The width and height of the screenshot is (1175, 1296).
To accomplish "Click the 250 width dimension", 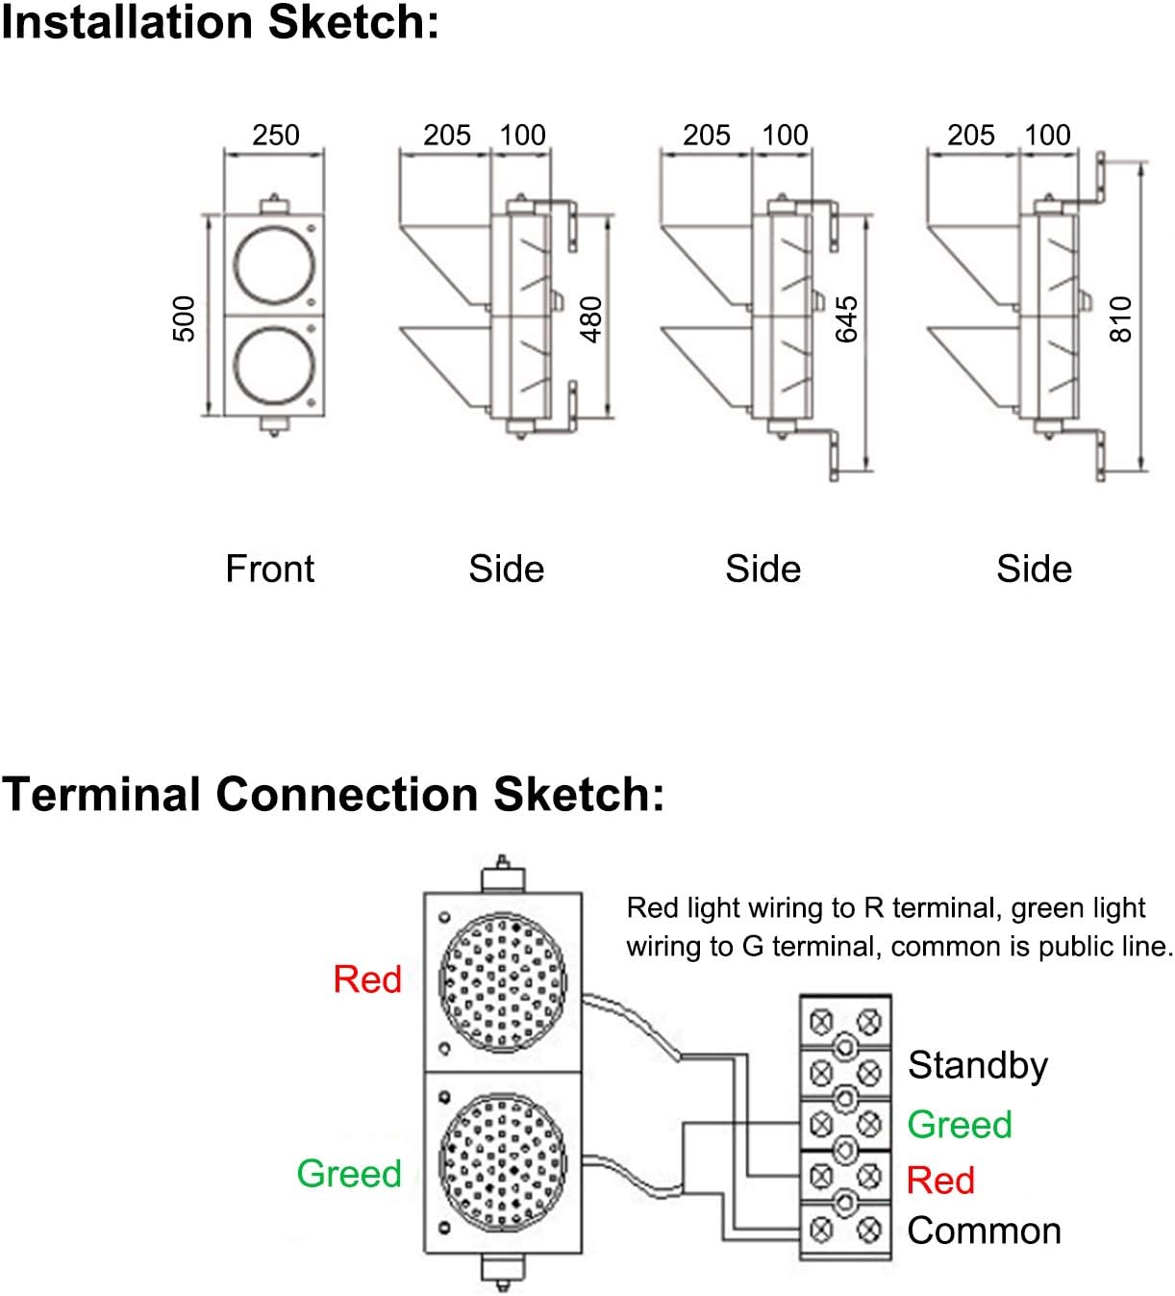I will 276,135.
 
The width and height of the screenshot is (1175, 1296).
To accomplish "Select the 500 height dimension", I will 184,318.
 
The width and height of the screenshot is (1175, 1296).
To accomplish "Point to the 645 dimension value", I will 846,319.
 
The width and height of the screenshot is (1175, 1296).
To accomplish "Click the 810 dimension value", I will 1121,319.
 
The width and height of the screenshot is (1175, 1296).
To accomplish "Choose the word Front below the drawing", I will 269,569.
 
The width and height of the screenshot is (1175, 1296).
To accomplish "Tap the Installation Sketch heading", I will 219,22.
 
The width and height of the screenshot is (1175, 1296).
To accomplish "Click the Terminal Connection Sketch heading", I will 333,795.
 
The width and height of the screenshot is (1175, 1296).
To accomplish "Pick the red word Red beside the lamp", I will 367,979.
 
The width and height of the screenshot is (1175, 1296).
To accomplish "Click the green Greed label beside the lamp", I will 349,1174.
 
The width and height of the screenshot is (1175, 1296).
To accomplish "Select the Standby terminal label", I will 978,1066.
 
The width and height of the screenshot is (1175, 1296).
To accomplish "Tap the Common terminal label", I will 984,1231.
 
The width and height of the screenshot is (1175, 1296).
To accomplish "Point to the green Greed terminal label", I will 960,1124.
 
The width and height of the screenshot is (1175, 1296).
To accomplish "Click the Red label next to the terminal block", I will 940,1180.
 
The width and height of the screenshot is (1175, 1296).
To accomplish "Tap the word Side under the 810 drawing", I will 1034,569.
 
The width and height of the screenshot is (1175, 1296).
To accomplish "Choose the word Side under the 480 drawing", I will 506,569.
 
